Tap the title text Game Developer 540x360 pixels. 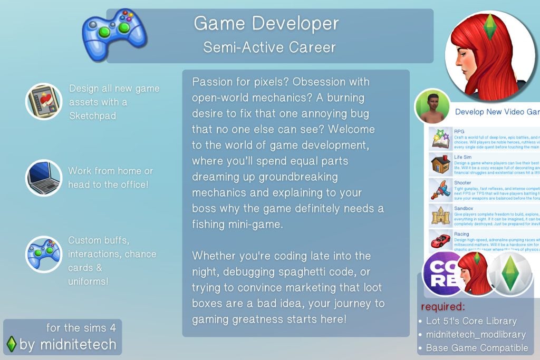(266, 23)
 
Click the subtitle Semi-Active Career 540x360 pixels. (269, 47)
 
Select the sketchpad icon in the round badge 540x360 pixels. (44, 101)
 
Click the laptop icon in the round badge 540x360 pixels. (44, 178)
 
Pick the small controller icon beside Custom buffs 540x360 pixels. (44, 254)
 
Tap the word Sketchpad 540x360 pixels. (92, 115)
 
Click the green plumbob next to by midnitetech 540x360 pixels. (11, 344)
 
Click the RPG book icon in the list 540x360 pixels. (439, 138)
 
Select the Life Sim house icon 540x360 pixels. (439, 164)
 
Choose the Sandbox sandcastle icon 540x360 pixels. (439, 216)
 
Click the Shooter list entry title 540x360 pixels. (462, 183)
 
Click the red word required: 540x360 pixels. (443, 307)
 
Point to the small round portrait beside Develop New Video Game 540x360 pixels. (432, 106)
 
